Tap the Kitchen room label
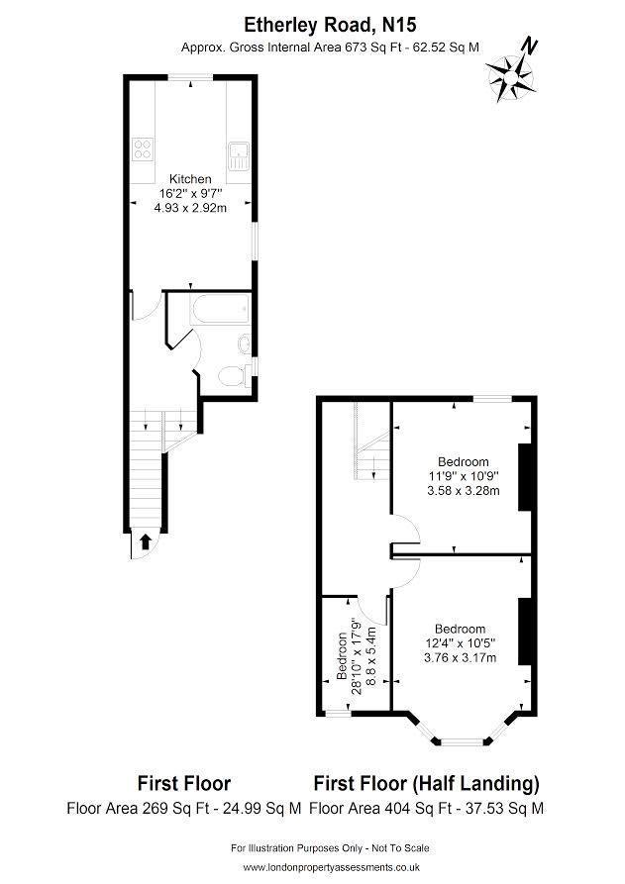tap(190, 179)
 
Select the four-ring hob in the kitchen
tap(143, 148)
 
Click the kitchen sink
tap(239, 156)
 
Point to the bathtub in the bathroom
tap(221, 309)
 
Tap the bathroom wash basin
tap(245, 344)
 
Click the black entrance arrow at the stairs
tap(145, 541)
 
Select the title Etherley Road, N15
tap(330, 25)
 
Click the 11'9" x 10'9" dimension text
tap(464, 476)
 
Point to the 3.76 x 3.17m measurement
tap(461, 657)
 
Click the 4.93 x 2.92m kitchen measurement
tap(190, 208)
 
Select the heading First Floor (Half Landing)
tap(427, 783)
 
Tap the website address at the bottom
tap(331, 867)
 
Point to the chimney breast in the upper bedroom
tap(525, 477)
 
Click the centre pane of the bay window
tap(462, 741)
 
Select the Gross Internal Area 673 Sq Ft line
tap(330, 48)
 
